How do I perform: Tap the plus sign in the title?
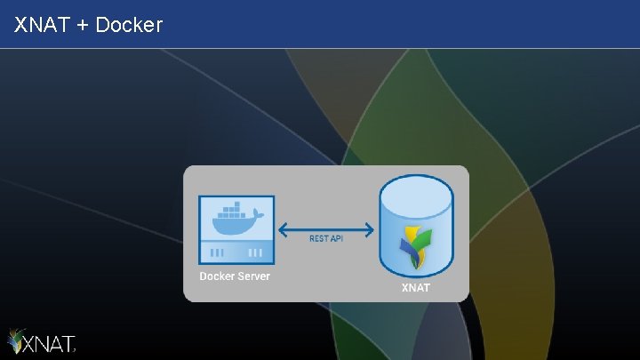point(84,26)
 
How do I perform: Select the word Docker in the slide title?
point(129,25)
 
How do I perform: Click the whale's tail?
point(260,214)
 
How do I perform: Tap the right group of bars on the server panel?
point(255,252)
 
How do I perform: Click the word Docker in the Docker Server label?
point(217,276)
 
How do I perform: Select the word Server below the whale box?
point(253,276)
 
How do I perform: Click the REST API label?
point(325,238)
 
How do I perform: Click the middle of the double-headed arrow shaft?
point(325,230)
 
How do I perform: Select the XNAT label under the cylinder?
point(416,288)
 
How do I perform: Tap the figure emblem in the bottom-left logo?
point(17,341)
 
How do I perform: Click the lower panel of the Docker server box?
point(236,252)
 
